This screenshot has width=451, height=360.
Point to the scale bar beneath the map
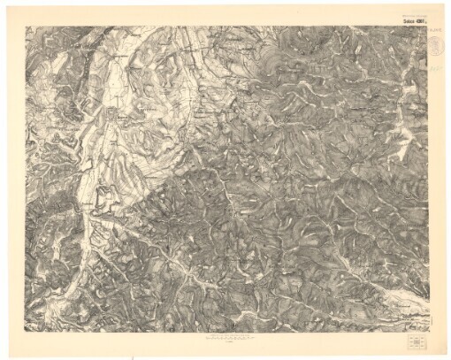(226, 337)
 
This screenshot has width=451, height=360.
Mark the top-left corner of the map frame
(27, 25)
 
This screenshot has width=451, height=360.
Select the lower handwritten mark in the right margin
(436, 65)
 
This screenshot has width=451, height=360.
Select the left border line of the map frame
(27, 177)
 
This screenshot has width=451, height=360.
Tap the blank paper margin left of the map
(12, 177)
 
